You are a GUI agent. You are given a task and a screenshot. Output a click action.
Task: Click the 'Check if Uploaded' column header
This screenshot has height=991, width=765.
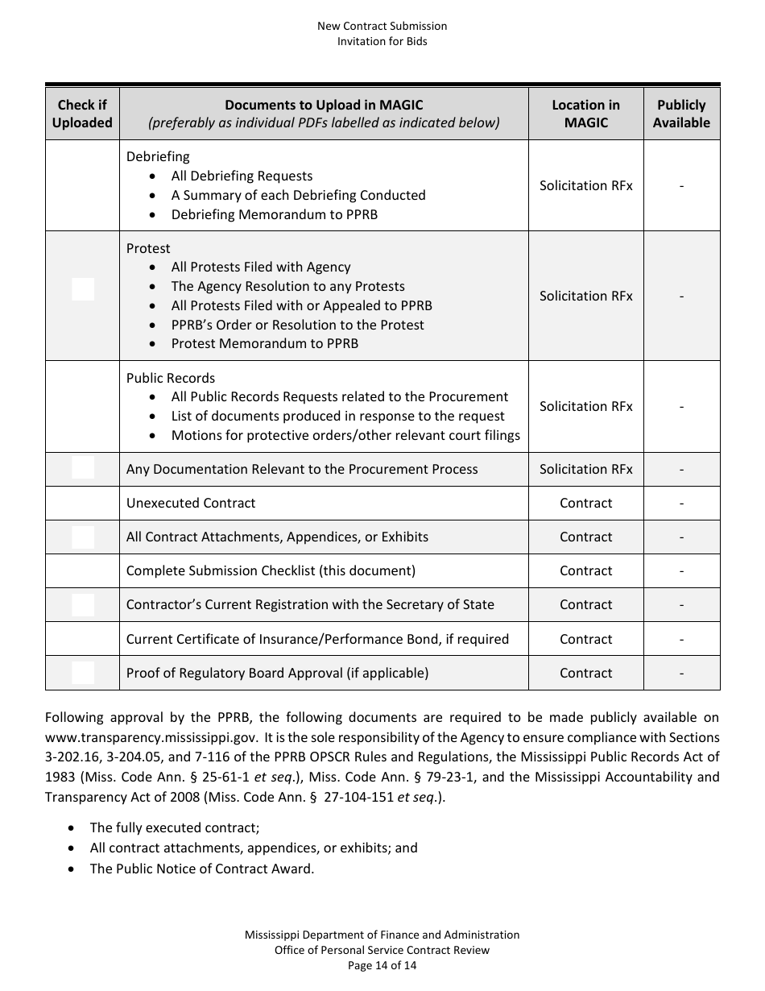tap(82, 114)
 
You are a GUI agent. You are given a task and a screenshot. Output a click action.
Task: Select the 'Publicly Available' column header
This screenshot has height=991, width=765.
tap(681, 114)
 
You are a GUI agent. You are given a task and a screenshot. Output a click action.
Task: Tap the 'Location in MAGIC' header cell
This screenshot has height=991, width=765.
tap(585, 114)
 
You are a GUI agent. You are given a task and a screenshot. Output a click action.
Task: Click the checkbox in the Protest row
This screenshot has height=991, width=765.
tap(83, 289)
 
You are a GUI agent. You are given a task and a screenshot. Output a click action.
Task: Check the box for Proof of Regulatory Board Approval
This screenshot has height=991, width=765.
tap(83, 673)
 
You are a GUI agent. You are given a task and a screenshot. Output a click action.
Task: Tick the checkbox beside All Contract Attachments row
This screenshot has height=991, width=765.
tap(83, 537)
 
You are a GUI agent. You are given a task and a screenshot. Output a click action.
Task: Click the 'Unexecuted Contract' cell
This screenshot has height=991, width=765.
tap(191, 503)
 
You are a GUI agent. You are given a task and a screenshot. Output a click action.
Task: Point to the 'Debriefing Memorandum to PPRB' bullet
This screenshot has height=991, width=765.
tap(274, 214)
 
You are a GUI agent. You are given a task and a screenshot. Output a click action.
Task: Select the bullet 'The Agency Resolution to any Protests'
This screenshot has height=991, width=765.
tap(287, 286)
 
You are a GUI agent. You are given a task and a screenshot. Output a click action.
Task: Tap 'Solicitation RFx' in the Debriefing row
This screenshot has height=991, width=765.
tap(585, 185)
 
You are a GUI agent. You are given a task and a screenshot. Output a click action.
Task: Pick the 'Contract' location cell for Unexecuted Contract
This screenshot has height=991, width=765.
tap(585, 503)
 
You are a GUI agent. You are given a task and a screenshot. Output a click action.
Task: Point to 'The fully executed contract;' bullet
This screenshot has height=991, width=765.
tap(175, 827)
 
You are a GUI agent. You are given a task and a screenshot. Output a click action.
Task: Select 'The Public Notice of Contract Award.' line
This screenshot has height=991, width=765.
tap(201, 869)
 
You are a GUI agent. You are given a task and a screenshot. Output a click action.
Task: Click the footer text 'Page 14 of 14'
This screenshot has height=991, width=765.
tap(382, 965)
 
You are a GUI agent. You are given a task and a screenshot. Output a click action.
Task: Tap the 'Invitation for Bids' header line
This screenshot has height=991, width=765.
tap(382, 41)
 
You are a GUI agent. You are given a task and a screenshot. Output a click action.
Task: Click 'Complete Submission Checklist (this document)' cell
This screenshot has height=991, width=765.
tap(271, 570)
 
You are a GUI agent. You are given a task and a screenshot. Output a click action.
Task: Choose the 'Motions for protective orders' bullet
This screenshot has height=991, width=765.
tap(345, 435)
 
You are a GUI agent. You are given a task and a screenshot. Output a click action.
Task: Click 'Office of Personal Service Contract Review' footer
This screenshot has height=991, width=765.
tap(382, 950)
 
